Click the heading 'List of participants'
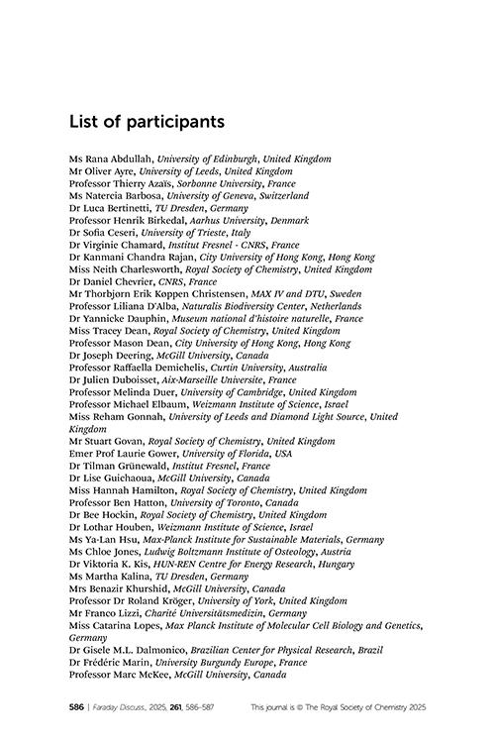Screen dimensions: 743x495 click(147, 122)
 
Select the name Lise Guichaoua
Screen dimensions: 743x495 click(121, 478)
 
